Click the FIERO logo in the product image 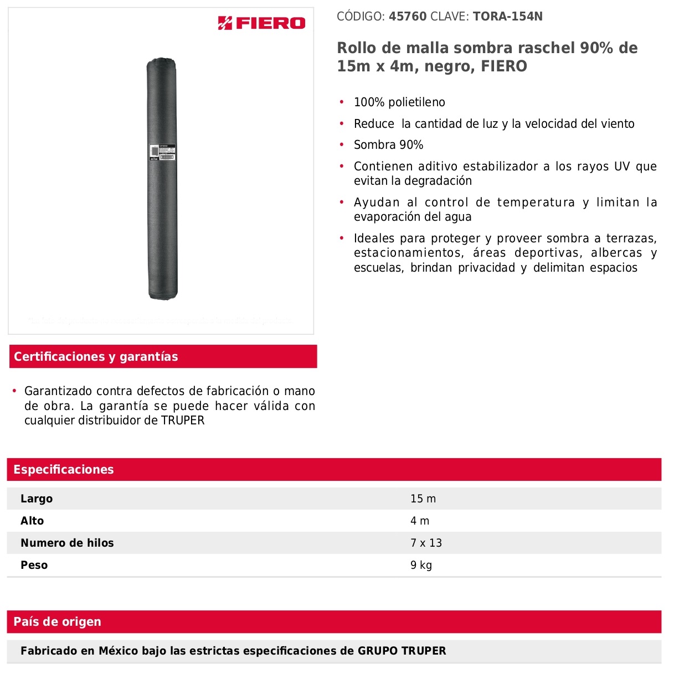pyautogui.click(x=261, y=23)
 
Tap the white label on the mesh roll pyautogui.click(x=162, y=153)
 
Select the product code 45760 pyautogui.click(x=408, y=17)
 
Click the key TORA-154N pyautogui.click(x=507, y=17)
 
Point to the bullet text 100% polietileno pyautogui.click(x=399, y=102)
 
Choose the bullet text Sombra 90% pyautogui.click(x=388, y=145)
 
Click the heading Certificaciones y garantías pyautogui.click(x=96, y=357)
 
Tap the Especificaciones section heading pyautogui.click(x=64, y=470)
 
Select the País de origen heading pyautogui.click(x=58, y=622)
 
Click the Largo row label pyautogui.click(x=37, y=499)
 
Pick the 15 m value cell pyautogui.click(x=423, y=499)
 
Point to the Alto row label pyautogui.click(x=32, y=521)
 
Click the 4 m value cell pyautogui.click(x=420, y=521)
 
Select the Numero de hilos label pyautogui.click(x=67, y=543)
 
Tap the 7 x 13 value pyautogui.click(x=426, y=543)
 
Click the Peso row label pyautogui.click(x=34, y=566)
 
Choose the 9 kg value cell pyautogui.click(x=421, y=566)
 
